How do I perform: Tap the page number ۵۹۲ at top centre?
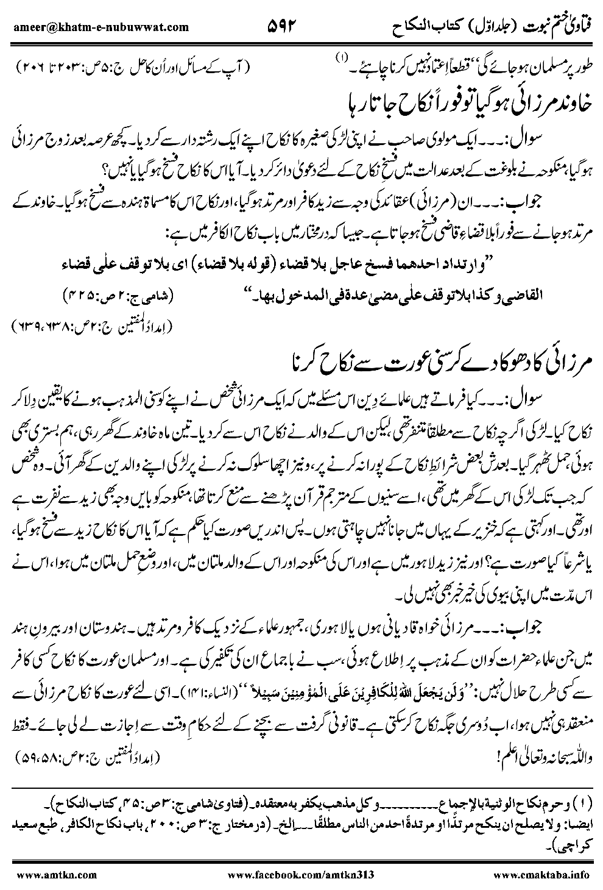tap(284, 26)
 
